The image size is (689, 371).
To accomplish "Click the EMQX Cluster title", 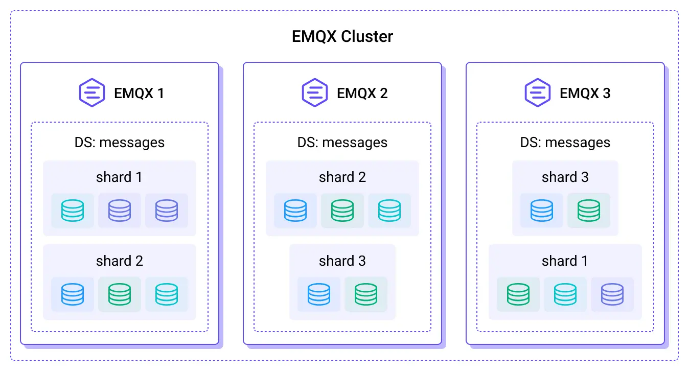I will (x=342, y=37).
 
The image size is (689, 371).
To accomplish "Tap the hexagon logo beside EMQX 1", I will (x=92, y=92).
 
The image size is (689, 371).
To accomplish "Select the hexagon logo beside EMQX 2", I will (x=315, y=92).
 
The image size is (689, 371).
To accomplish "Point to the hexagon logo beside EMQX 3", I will (x=538, y=92).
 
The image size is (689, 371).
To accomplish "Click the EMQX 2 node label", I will (x=362, y=93).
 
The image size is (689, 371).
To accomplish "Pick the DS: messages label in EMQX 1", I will (x=120, y=142).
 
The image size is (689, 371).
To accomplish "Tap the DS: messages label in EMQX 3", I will (x=565, y=142).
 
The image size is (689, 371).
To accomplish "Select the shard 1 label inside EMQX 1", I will (x=119, y=177).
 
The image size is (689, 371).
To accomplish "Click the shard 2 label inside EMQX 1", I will (x=119, y=261).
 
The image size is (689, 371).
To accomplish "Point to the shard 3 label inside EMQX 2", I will (x=342, y=261).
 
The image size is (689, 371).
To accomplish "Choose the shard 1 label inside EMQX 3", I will (x=565, y=261).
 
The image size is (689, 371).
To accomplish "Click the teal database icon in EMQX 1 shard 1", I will (x=73, y=211).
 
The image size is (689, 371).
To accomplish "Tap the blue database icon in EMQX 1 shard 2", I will (x=73, y=294).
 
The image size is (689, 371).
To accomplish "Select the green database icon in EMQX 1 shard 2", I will (x=120, y=294).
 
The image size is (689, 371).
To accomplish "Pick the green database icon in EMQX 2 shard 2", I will (x=342, y=211).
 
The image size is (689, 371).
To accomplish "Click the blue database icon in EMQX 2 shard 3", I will (x=319, y=294).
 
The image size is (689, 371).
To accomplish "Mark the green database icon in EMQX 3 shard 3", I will (x=589, y=211).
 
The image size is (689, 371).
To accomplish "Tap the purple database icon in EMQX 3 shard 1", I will (x=612, y=294).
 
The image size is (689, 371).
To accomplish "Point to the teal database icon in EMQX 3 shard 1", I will (x=565, y=294).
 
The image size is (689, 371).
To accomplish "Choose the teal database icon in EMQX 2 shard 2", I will (x=389, y=211).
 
